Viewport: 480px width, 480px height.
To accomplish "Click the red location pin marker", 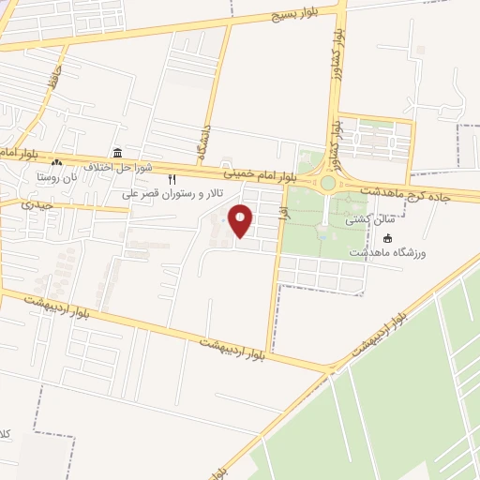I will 242,220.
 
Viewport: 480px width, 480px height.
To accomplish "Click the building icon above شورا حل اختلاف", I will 116,153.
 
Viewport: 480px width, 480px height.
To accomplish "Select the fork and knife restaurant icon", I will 172,178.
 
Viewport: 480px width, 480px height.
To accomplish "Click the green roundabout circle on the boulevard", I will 327,184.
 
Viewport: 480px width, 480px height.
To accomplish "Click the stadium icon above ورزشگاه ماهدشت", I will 388,239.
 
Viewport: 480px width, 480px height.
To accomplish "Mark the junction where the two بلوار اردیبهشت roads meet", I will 330,368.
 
